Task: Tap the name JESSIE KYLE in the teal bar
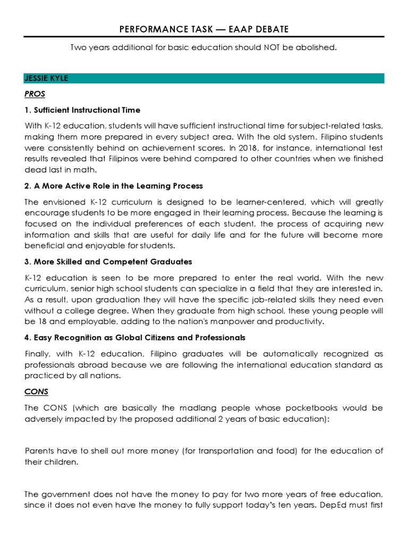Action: [x=46, y=78]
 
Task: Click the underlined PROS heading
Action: [x=35, y=94]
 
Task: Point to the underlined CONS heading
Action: [x=37, y=392]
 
